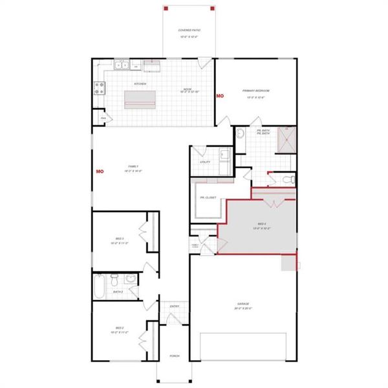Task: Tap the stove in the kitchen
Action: click(x=100, y=88)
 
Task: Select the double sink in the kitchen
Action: click(x=122, y=64)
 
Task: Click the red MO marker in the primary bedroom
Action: click(x=220, y=96)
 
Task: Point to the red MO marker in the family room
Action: click(x=100, y=171)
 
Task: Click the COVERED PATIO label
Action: click(x=188, y=30)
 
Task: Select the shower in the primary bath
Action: click(x=285, y=138)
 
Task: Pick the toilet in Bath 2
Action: click(x=114, y=280)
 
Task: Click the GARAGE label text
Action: click(x=242, y=303)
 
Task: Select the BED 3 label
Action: click(x=120, y=239)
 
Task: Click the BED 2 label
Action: click(x=120, y=328)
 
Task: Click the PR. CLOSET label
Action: click(x=208, y=197)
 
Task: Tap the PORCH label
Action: click(x=175, y=356)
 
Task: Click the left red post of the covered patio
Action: click(x=166, y=8)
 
